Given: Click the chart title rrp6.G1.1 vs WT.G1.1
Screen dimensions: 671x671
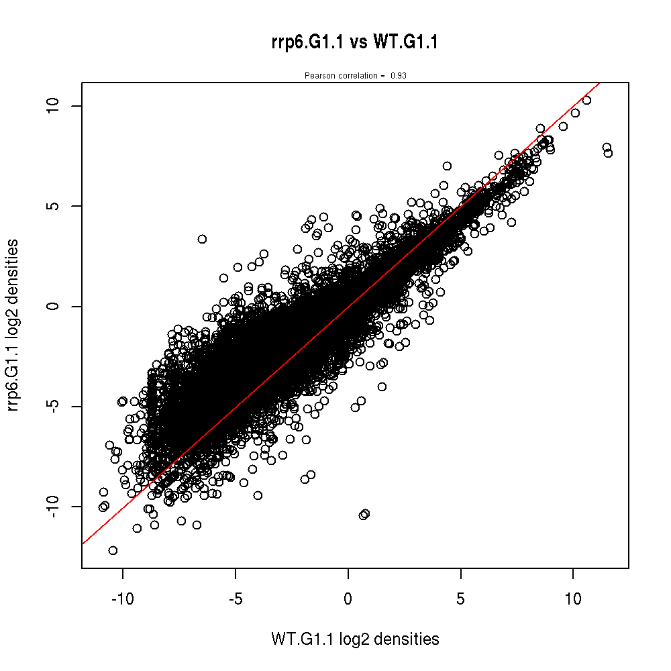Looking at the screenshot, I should [352, 43].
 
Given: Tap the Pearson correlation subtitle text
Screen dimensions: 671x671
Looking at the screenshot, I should [355, 76].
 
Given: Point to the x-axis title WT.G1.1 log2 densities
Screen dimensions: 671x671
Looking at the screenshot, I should [355, 639].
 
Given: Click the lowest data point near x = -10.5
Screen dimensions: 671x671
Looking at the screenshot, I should [113, 550].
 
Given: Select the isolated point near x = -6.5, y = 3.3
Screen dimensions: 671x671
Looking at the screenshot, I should [202, 239].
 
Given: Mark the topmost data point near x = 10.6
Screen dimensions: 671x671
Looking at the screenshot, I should [586, 100].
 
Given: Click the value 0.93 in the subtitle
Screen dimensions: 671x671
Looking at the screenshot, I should [399, 76].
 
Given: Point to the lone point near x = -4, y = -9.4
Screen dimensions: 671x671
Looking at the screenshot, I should [258, 495].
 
